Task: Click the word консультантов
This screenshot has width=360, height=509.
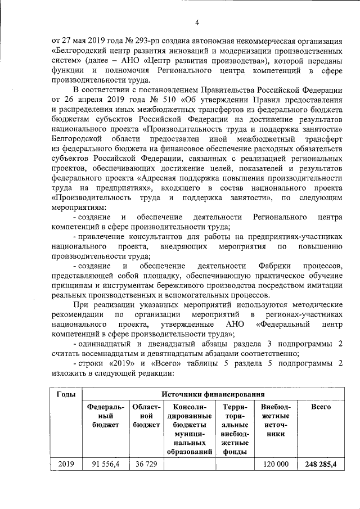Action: click(148, 236)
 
